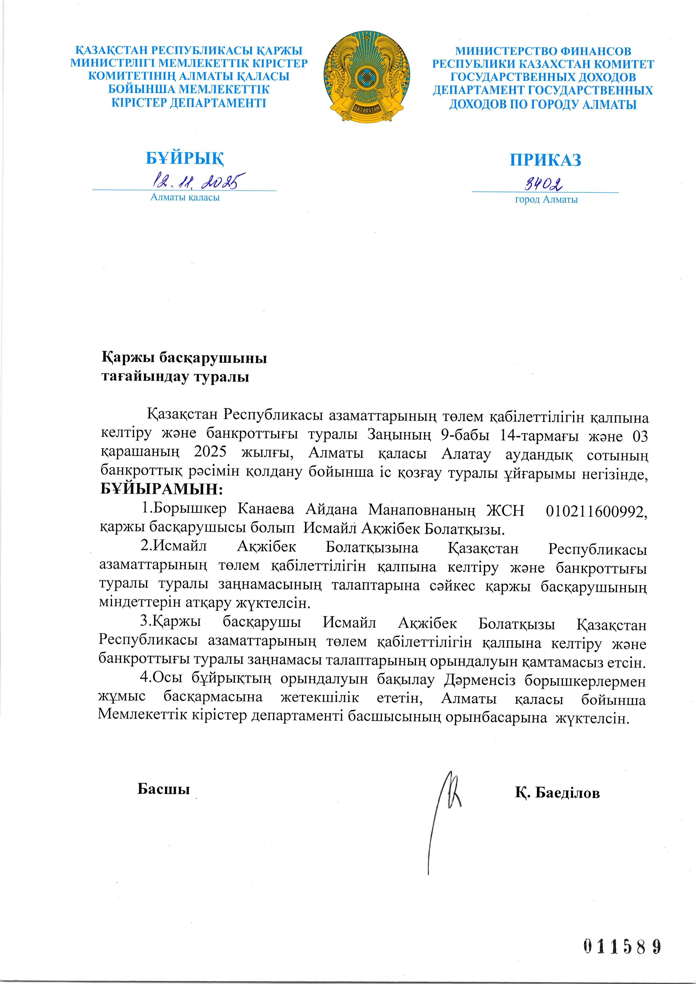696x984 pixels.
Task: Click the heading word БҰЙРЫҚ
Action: [185, 158]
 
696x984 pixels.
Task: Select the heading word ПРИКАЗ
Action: [545, 160]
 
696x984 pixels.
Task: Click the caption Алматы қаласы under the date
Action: [185, 197]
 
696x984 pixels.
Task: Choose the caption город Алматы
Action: [546, 200]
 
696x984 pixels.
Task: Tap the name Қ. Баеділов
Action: [557, 793]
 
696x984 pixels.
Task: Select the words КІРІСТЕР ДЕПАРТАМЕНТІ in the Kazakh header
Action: [189, 103]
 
